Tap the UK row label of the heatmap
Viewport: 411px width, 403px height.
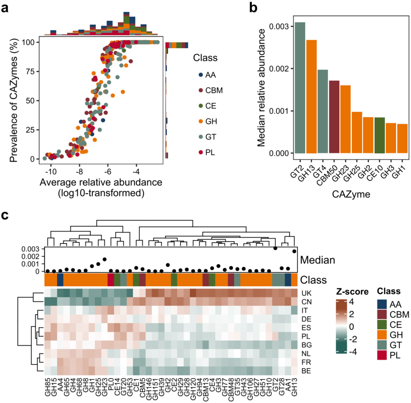(306, 293)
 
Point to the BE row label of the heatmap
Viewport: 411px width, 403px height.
(306, 370)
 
